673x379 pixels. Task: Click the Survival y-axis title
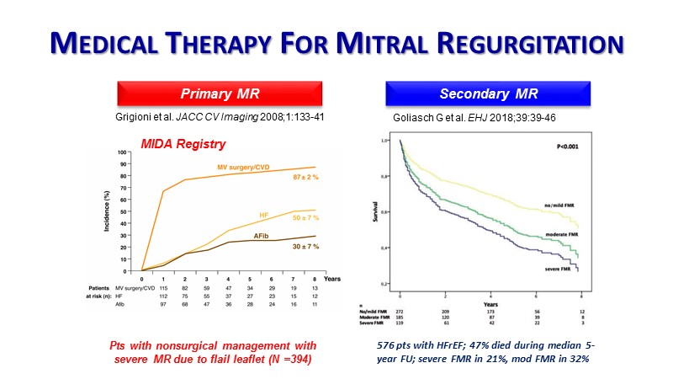pos(376,211)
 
